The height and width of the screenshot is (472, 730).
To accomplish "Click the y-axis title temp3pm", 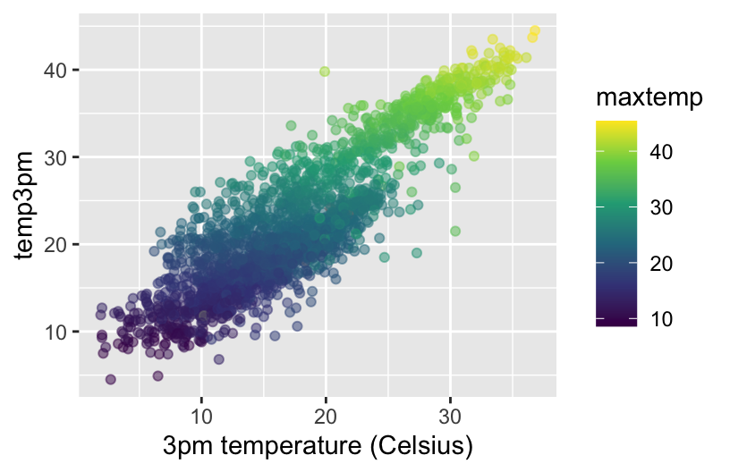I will pyautogui.click(x=27, y=206).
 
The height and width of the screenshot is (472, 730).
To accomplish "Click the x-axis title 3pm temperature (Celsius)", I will pyautogui.click(x=317, y=444).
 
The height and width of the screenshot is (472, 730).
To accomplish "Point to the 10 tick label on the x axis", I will pyautogui.click(x=201, y=417).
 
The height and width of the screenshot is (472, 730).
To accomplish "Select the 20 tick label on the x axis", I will pyautogui.click(x=326, y=417).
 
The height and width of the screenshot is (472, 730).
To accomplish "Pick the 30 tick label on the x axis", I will pyautogui.click(x=450, y=417).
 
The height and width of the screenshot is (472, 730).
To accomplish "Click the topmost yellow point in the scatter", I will pyautogui.click(x=535, y=31).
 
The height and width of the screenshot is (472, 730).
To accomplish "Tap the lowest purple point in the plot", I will pyautogui.click(x=111, y=379).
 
